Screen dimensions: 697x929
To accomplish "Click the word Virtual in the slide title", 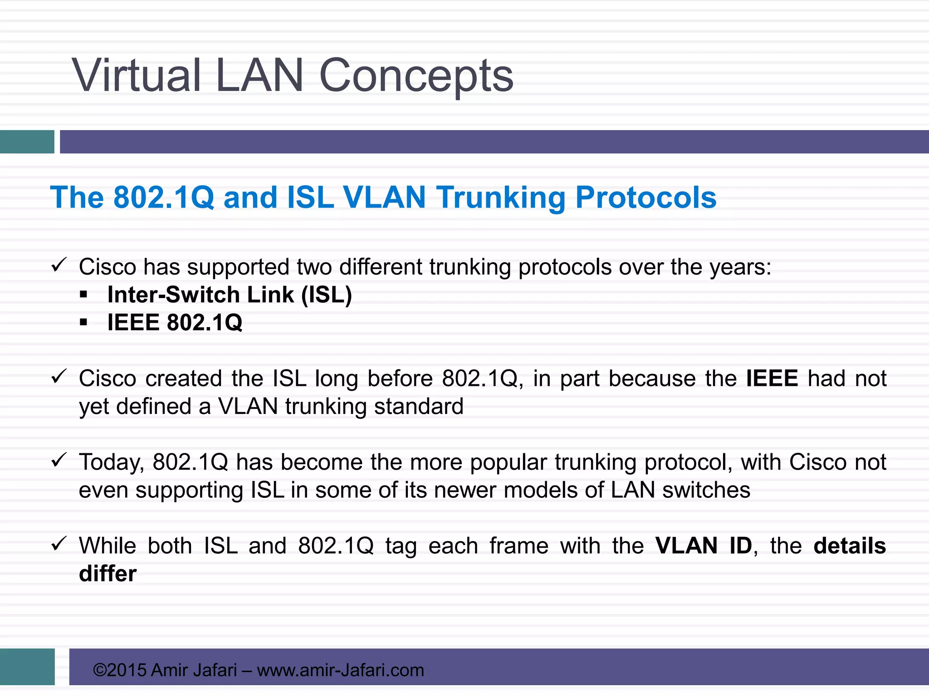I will tap(136, 75).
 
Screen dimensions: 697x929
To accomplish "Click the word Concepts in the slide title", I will tap(416, 76).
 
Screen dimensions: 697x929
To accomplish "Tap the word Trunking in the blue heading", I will tap(501, 198).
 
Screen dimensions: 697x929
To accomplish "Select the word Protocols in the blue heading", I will tap(645, 197).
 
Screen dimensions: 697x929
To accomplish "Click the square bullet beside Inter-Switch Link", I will tap(83, 295).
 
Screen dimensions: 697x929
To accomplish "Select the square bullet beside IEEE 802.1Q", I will tap(83, 323).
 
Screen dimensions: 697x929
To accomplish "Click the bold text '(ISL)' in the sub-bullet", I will tap(327, 295).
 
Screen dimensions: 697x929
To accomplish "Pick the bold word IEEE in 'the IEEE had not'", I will tap(772, 378).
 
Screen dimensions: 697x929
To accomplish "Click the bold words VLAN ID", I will tap(704, 546).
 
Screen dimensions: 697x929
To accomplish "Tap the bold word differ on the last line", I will tap(108, 574).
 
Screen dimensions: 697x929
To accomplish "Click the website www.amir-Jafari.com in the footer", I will tap(340, 670).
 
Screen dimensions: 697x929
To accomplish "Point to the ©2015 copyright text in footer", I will tap(120, 670).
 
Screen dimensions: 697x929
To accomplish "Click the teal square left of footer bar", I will tap(27, 667).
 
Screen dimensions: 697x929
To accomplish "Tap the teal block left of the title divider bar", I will tap(27, 142).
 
